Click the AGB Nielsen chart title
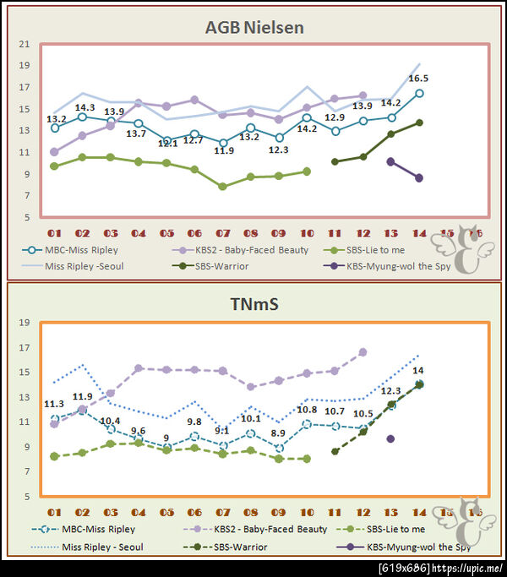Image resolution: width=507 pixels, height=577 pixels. coord(253,28)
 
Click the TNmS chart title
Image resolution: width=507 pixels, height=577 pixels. coord(253,303)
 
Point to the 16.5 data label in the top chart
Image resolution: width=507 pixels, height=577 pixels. coord(418,79)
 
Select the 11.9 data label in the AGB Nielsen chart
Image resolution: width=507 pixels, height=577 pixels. coord(224,150)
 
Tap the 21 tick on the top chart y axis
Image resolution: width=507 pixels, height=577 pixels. coord(24,44)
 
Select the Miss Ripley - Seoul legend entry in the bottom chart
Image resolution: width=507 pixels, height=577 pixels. coord(101,547)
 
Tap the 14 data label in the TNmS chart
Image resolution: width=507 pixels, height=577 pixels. coord(417,371)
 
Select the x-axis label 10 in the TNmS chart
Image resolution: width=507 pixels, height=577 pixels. coord(306,512)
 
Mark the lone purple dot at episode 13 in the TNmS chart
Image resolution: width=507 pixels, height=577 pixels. coord(390,438)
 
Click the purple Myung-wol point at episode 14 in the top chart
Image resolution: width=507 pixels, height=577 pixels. coord(418,177)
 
